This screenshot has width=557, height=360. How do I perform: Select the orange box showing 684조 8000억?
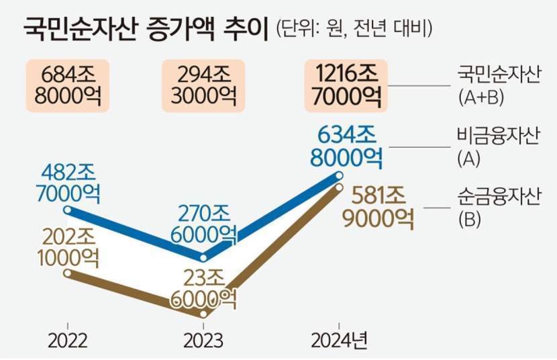[x=66, y=85]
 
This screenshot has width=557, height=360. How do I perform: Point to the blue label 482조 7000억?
[x=66, y=183]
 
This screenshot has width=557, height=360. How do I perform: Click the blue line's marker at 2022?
[x=68, y=210]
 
